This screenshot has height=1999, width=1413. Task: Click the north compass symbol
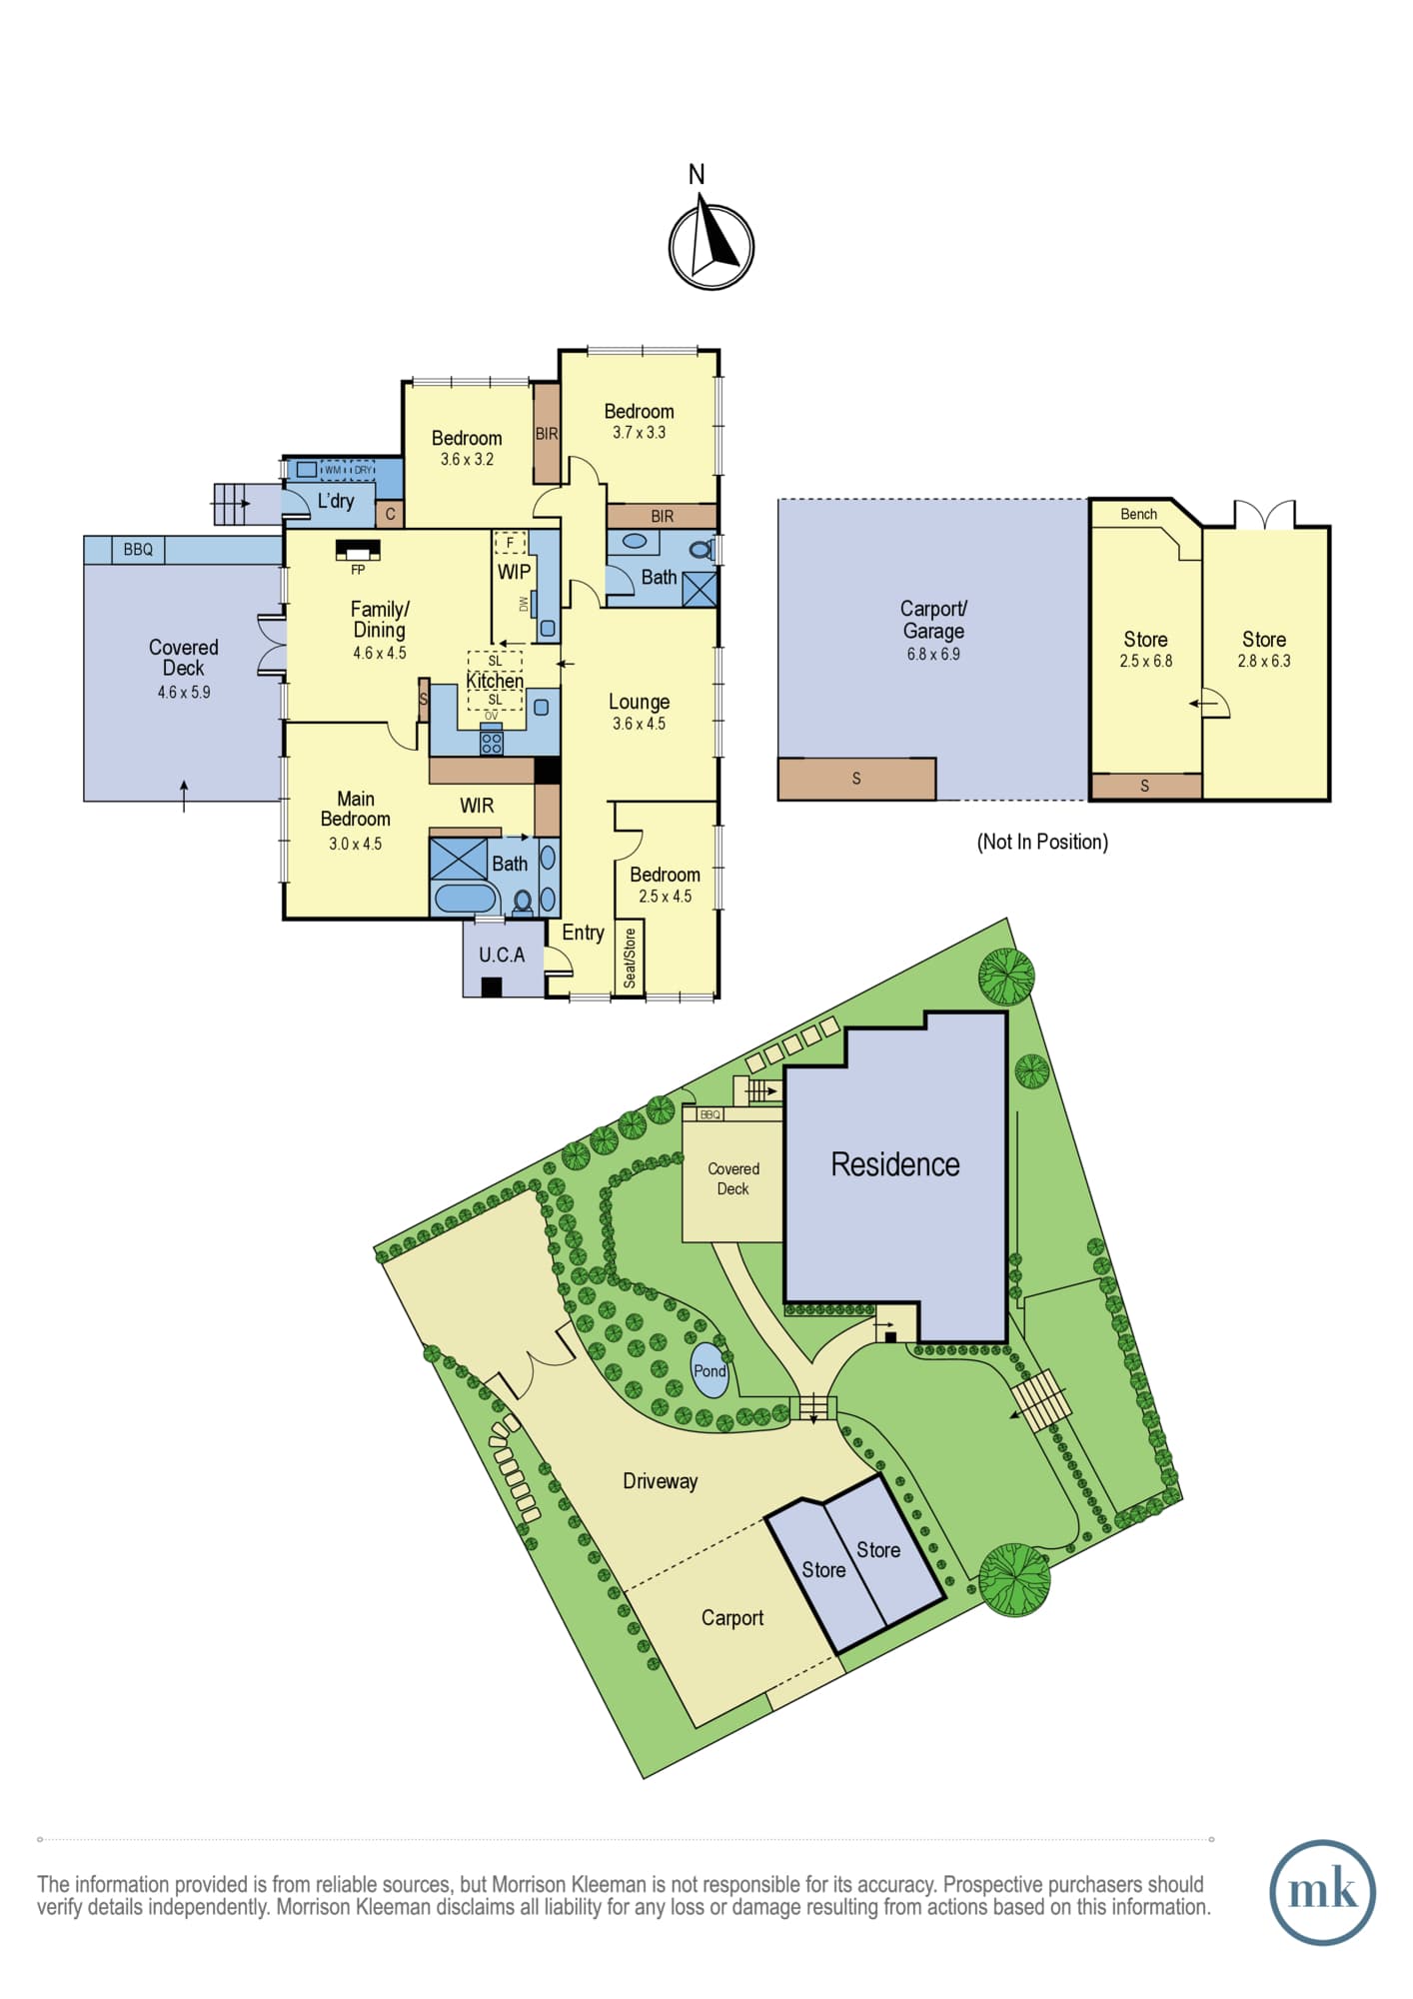click(x=710, y=246)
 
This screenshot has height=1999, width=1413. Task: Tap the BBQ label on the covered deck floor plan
click(x=138, y=549)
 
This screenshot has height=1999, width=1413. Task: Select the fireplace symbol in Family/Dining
click(x=358, y=551)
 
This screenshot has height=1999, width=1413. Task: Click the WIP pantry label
click(x=514, y=572)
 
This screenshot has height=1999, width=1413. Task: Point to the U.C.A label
click(x=502, y=956)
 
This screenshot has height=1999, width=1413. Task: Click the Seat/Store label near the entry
click(x=630, y=958)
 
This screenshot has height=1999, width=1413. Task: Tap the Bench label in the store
click(x=1138, y=514)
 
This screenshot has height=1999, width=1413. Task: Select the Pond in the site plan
click(x=709, y=1370)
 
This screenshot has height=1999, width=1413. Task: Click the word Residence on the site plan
click(x=894, y=1164)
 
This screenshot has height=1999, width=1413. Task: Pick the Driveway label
click(x=660, y=1481)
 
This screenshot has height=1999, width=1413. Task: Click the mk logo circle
click(x=1322, y=1892)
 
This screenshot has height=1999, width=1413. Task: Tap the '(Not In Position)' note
click(x=1042, y=842)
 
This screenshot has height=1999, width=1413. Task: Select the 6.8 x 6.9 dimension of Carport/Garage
click(x=933, y=654)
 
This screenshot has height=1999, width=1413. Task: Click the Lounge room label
click(x=639, y=702)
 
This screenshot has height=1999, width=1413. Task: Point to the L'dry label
click(x=336, y=500)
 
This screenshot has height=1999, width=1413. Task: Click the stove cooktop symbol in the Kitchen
click(x=492, y=743)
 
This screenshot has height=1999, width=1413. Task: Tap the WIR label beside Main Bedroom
click(x=477, y=806)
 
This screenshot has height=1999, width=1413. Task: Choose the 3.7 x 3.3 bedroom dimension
click(x=639, y=432)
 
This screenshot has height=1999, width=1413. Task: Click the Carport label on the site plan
click(x=731, y=1618)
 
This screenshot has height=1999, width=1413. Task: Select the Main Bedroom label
click(x=356, y=809)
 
